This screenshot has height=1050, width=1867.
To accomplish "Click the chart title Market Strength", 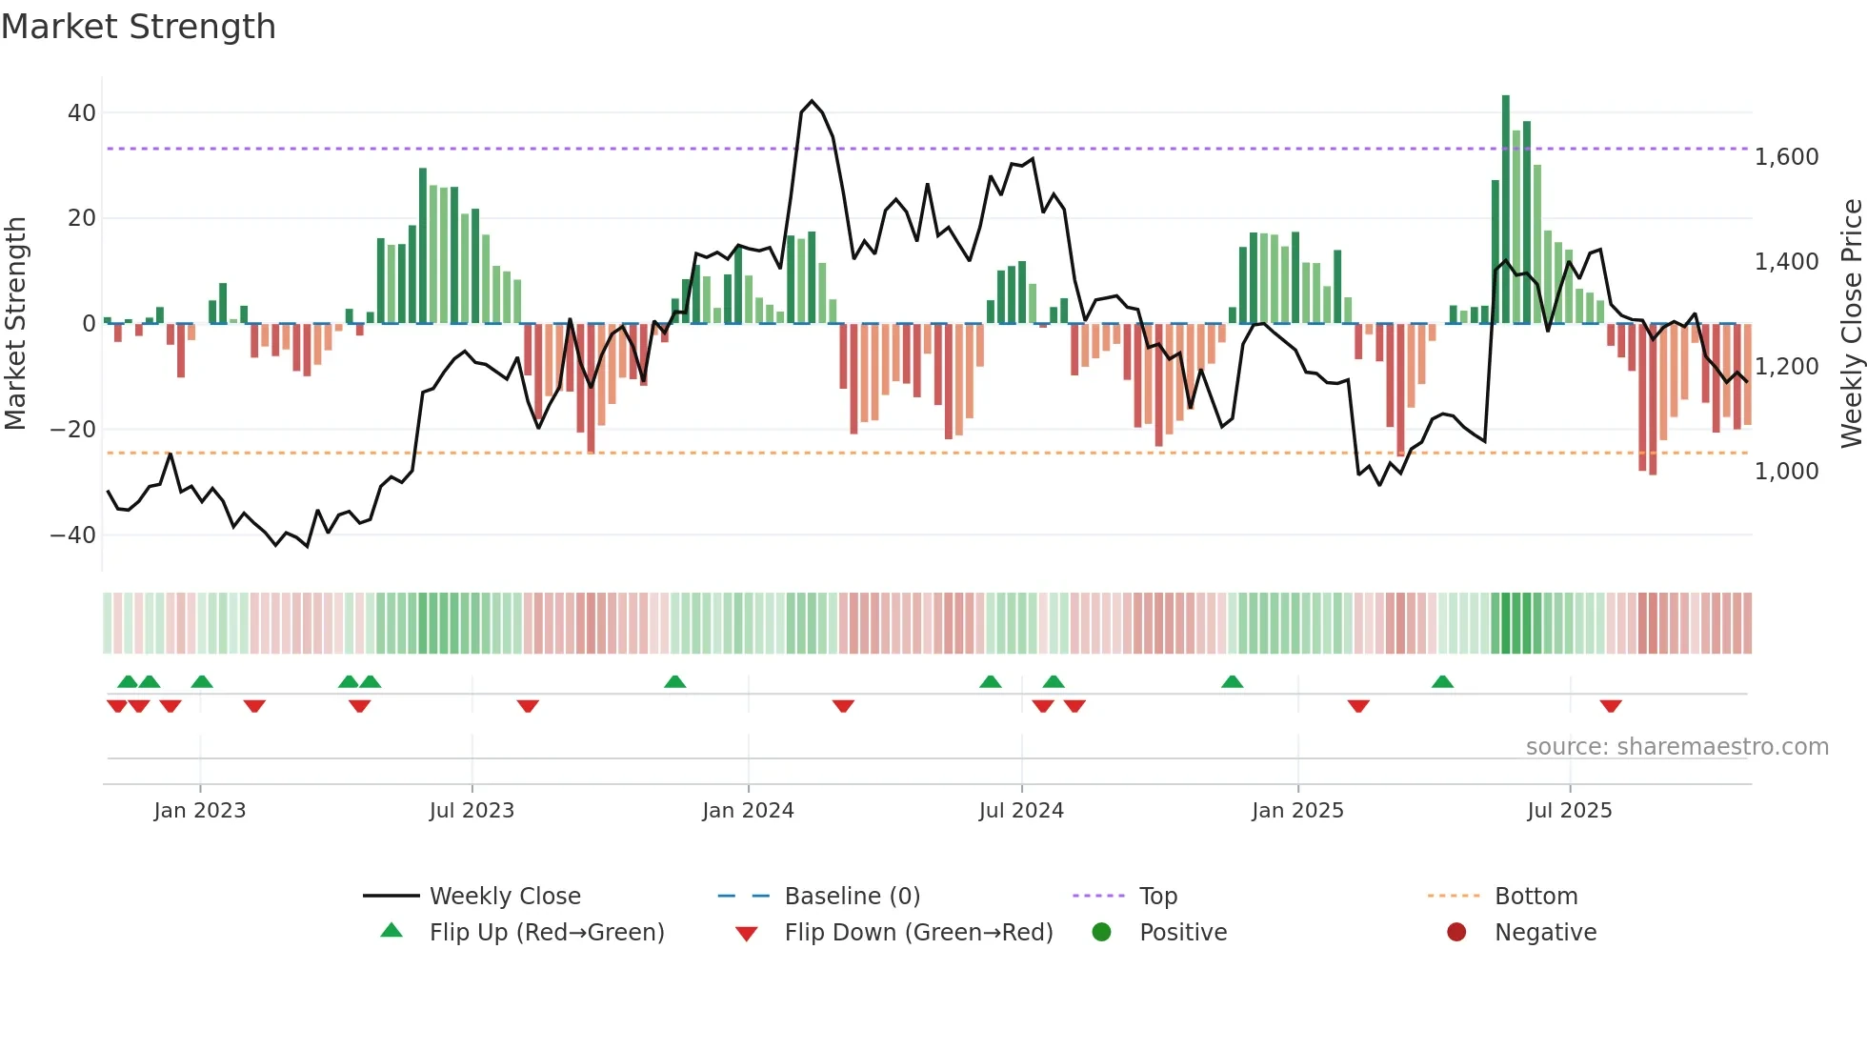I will [138, 27].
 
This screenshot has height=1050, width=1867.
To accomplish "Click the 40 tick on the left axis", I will [81, 112].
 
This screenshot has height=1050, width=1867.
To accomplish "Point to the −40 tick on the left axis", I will [73, 535].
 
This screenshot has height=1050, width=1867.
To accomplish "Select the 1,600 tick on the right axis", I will [1786, 156].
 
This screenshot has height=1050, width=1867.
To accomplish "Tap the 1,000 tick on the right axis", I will [1786, 471].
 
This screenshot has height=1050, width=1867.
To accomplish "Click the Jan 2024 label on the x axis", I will [748, 811].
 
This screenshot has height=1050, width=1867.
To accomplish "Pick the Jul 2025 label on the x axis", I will [1569, 811].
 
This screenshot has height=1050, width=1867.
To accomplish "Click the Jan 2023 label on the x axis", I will [200, 811].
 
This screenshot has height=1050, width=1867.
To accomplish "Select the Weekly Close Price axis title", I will [1851, 323].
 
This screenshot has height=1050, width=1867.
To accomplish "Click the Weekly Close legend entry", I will [504, 897].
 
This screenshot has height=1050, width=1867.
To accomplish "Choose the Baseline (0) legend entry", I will [852, 897].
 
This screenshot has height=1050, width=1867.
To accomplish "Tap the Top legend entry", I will [1157, 897].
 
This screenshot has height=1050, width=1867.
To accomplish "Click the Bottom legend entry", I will [1536, 897].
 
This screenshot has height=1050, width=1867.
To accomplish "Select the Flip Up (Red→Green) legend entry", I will [546, 933].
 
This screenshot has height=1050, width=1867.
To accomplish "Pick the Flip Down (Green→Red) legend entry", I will [918, 933].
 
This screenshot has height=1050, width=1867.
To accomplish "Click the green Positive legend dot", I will [1102, 932].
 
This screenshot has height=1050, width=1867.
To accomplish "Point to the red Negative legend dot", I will [1456, 932].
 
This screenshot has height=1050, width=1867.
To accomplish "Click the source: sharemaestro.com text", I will [1676, 747].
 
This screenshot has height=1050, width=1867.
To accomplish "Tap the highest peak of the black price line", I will [812, 101].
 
